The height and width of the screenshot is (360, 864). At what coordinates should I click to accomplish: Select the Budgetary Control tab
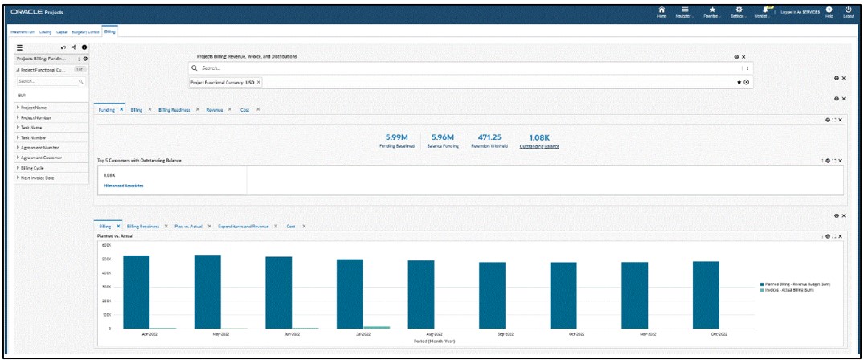tap(84, 31)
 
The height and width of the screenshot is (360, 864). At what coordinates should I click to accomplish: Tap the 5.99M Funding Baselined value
tap(398, 137)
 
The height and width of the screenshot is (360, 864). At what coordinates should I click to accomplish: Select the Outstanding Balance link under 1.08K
tap(539, 146)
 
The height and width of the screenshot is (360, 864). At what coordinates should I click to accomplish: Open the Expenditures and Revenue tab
tap(243, 227)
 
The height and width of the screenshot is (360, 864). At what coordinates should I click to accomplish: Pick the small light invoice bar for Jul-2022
tap(377, 327)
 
